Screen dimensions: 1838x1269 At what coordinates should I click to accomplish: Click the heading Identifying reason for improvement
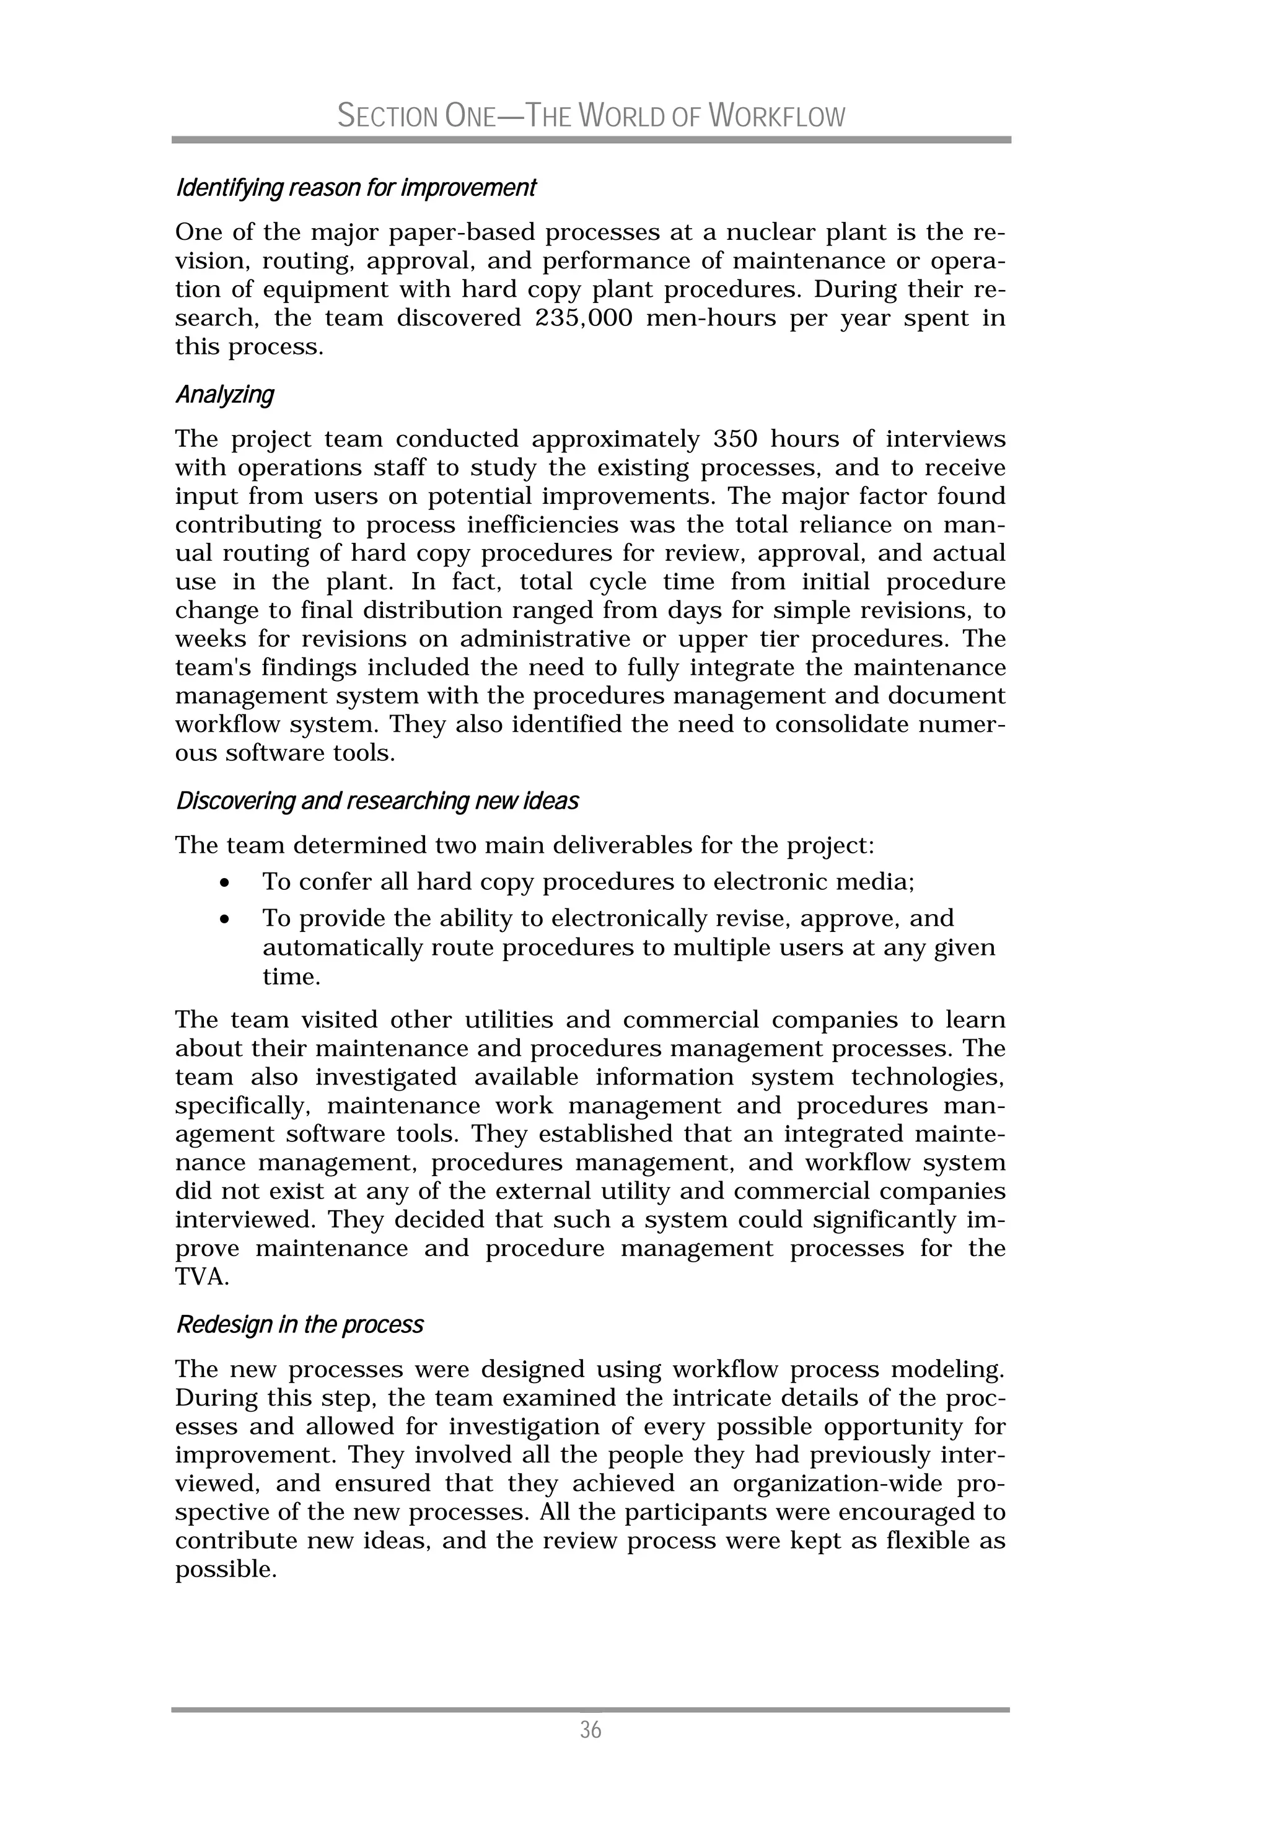tap(356, 188)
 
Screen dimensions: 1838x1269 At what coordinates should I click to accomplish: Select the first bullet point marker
tap(227, 883)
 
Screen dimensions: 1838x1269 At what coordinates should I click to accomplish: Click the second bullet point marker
tap(227, 920)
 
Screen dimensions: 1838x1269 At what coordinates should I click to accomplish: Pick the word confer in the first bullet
tap(339, 882)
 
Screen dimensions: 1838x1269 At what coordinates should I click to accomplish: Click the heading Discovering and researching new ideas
tap(377, 801)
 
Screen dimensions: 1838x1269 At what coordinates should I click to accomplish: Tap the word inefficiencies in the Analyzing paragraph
tap(542, 525)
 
